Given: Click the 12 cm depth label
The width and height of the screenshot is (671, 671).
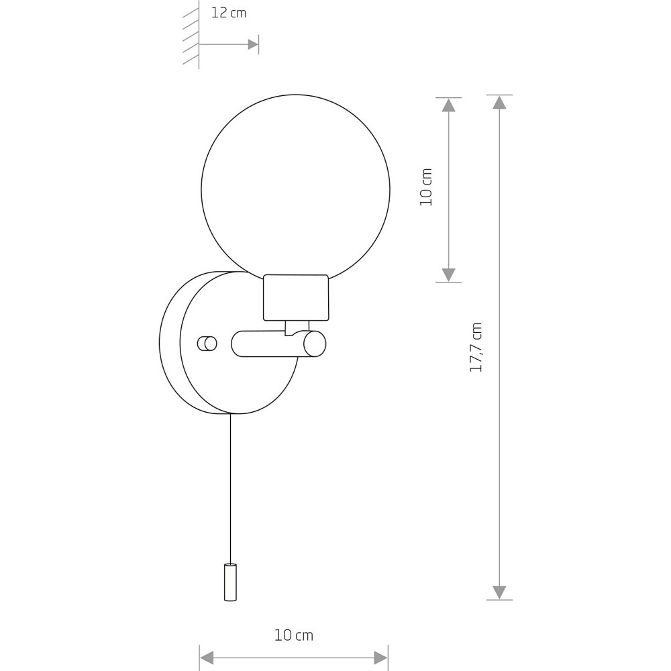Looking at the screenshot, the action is tap(229, 13).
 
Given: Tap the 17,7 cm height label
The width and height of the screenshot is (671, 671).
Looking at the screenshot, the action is tap(476, 348).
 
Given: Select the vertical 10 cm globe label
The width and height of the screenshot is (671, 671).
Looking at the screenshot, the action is tap(426, 187).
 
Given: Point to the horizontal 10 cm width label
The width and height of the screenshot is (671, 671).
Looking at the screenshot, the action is tap(294, 635).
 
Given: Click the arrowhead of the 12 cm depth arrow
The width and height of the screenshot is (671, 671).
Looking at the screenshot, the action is tap(253, 44).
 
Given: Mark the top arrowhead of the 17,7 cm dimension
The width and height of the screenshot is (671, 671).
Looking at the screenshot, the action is tap(499, 102).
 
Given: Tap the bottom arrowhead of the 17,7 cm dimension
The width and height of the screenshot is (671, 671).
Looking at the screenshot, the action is tap(499, 592).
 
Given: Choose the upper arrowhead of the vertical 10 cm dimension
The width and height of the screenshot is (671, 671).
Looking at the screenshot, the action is tap(448, 105).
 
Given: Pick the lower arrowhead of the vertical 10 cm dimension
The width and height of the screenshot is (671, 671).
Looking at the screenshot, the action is tap(448, 275).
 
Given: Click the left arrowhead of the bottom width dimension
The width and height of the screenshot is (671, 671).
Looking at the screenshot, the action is tap(207, 658).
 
